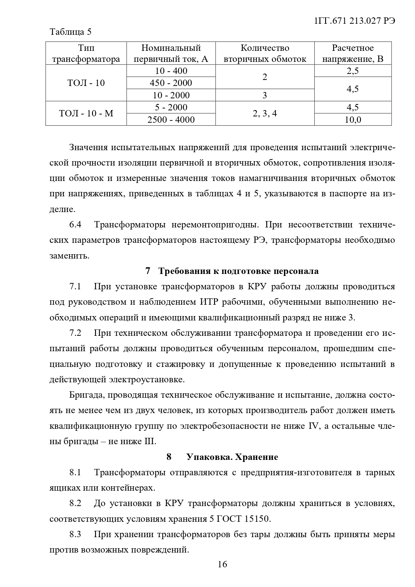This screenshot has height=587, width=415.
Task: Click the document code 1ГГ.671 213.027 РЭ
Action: click(x=355, y=21)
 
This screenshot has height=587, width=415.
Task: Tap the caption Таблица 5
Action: click(x=70, y=32)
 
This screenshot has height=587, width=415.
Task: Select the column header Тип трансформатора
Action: click(x=86, y=54)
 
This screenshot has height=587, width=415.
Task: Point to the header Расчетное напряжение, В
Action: click(x=352, y=54)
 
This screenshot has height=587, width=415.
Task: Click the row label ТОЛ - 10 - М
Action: click(x=86, y=113)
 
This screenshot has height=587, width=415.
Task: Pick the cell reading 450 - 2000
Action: click(x=171, y=83)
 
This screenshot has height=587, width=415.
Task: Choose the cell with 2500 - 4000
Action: click(x=171, y=119)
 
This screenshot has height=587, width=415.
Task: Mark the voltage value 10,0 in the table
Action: click(x=352, y=119)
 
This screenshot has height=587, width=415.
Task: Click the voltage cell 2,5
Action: click(x=352, y=71)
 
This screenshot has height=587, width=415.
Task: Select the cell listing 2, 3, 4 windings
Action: click(x=265, y=113)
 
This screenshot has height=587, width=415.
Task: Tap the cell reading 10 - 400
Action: click(x=171, y=71)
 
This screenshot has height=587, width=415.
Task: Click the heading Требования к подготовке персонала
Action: click(x=238, y=271)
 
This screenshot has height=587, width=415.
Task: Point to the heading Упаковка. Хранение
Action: click(x=232, y=457)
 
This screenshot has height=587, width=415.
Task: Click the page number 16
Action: click(x=222, y=565)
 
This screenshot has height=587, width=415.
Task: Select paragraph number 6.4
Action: click(x=75, y=224)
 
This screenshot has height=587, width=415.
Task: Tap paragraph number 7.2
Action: click(x=75, y=333)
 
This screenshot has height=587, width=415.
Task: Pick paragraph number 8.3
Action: click(x=75, y=534)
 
